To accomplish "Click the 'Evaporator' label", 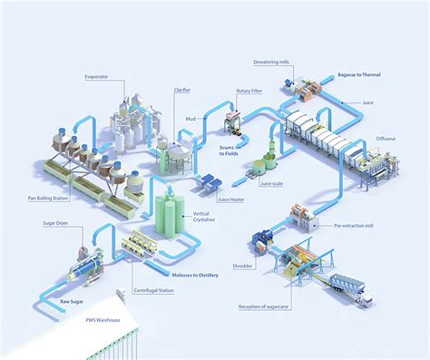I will [x=97, y=77].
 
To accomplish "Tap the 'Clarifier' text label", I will [x=182, y=91].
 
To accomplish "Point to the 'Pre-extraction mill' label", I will [x=355, y=226].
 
